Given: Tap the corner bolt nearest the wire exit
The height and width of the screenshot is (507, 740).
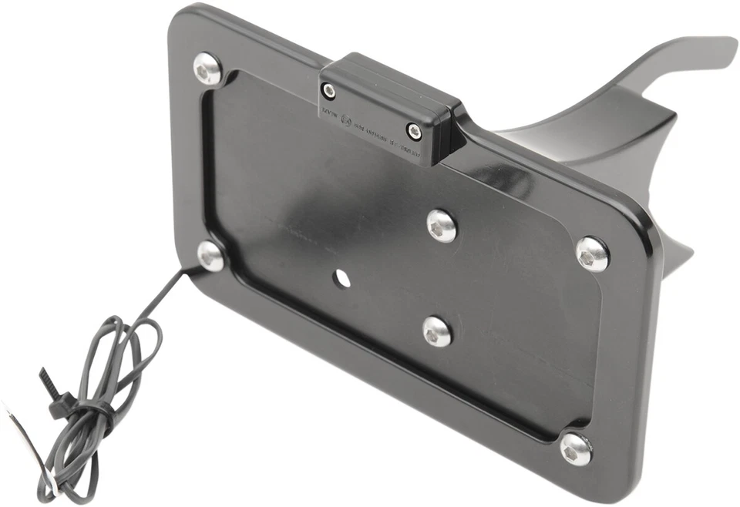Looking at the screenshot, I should (210, 257).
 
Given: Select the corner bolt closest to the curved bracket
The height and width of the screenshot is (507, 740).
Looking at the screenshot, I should (592, 253).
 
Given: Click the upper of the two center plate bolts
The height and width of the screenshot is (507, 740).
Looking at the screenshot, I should (442, 225).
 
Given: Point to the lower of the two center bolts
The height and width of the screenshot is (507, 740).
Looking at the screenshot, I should (437, 331).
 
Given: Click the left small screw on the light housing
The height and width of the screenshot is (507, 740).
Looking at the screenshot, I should (329, 92).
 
